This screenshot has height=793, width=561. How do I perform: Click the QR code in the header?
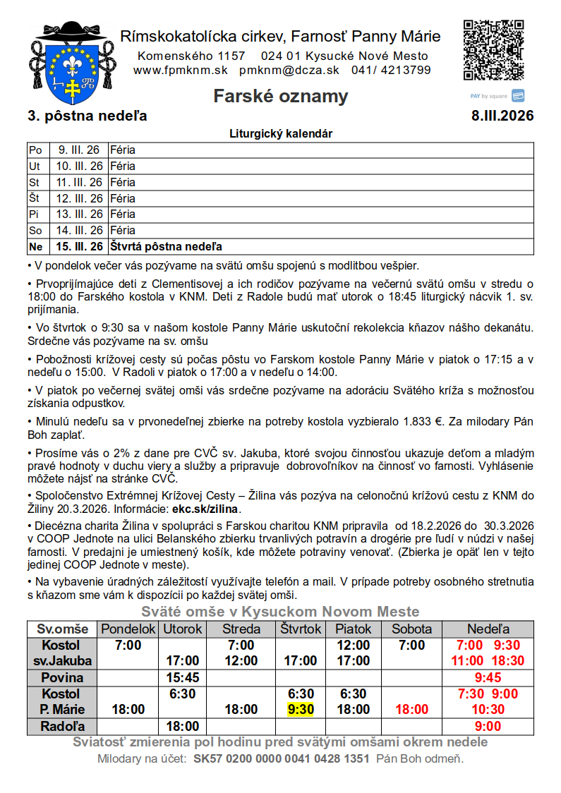pos(494,50)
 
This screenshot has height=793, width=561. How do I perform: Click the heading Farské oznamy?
pos(281,97)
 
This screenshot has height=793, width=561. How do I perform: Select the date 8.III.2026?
pos(502,116)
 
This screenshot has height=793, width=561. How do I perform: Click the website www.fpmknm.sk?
pos(180,70)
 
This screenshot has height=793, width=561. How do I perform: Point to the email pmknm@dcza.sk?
pos(289,70)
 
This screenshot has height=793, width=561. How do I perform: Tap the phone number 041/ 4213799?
pos(391,70)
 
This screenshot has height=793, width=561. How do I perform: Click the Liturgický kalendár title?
pos(281,133)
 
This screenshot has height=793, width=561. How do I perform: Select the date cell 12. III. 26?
pos(79,198)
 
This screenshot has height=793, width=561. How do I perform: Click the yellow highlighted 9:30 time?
pos(301,709)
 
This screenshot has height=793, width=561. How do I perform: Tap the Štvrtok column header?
pos(301,629)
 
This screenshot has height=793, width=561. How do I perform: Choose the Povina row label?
pos(61,677)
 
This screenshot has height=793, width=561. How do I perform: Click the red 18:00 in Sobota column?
pos(411,709)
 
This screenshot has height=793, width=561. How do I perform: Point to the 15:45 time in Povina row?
pos(182,677)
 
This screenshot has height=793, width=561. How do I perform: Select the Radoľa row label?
pos(61,726)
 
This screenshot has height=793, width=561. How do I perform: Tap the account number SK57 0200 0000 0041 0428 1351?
pos(282,759)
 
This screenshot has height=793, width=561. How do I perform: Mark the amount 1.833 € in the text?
pos(423,422)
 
